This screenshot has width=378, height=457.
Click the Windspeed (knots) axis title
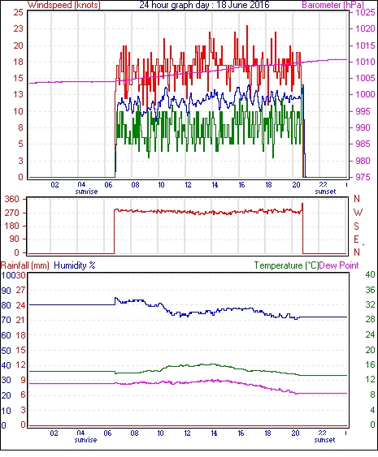click(x=63, y=5)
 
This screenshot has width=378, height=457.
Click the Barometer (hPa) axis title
click(x=333, y=5)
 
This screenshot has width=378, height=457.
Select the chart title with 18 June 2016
click(x=204, y=5)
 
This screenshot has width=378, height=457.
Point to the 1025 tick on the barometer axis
click(x=365, y=12)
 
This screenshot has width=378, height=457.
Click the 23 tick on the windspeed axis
click(x=18, y=28)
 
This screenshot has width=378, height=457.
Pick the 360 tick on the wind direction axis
click(x=12, y=200)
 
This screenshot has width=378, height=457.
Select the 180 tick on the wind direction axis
click(x=12, y=226)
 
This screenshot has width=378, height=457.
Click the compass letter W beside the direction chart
click(x=358, y=213)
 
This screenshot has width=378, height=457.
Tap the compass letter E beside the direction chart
click(x=356, y=239)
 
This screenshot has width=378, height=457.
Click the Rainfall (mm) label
click(x=24, y=265)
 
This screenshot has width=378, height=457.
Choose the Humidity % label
click(x=75, y=265)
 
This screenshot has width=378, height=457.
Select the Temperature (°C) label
click(x=286, y=265)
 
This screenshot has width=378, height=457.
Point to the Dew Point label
click(x=339, y=265)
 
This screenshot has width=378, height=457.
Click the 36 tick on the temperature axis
click(x=370, y=290)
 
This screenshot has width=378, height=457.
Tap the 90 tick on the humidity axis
click(x=7, y=291)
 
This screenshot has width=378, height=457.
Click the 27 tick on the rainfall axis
click(x=20, y=290)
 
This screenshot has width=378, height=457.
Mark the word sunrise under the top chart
click(x=86, y=192)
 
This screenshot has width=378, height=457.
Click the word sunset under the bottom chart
click(x=324, y=440)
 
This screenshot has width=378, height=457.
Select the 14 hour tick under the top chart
click(x=215, y=185)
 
